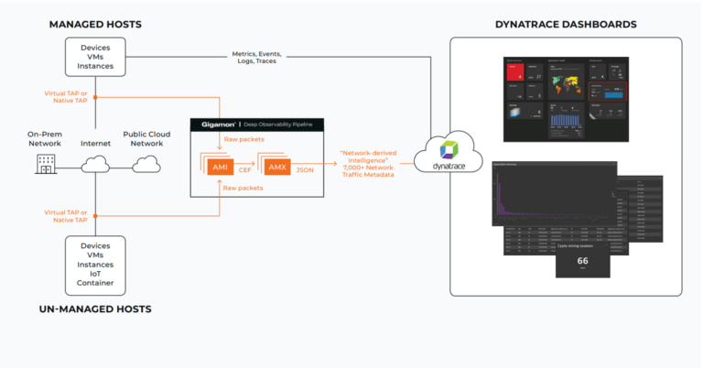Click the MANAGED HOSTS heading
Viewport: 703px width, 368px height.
coord(94,23)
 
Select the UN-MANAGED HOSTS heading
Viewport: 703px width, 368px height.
coord(94,308)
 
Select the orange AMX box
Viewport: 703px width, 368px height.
coord(277,166)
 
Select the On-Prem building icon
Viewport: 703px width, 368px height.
coord(45,165)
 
